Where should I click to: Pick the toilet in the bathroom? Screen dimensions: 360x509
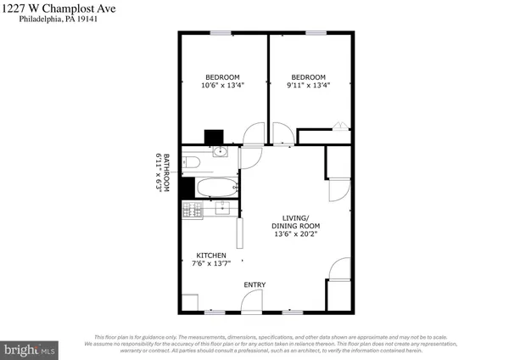pos(192,161)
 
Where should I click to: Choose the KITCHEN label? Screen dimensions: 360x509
pos(210,255)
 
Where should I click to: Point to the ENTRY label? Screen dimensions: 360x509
pos(254,284)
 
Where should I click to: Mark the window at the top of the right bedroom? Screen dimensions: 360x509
pos(316,33)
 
